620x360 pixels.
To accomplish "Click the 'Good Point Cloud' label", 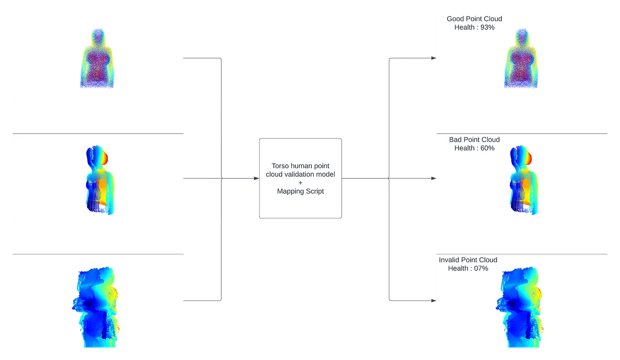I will tap(474, 19).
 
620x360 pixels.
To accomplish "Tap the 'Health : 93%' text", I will tap(474, 27).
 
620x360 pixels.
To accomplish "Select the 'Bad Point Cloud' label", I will tap(474, 139).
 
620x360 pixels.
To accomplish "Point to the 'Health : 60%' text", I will tap(474, 148).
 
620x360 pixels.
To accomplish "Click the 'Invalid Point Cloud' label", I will tap(468, 259).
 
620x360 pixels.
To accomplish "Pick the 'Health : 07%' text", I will tap(468, 268).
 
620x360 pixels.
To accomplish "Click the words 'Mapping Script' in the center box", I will tap(300, 191).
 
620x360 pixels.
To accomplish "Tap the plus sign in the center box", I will tap(300, 183).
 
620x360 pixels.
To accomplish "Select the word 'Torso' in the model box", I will tap(280, 166).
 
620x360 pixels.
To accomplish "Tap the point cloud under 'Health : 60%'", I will tap(522, 181).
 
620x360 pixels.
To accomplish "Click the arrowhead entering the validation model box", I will tap(256, 179).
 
